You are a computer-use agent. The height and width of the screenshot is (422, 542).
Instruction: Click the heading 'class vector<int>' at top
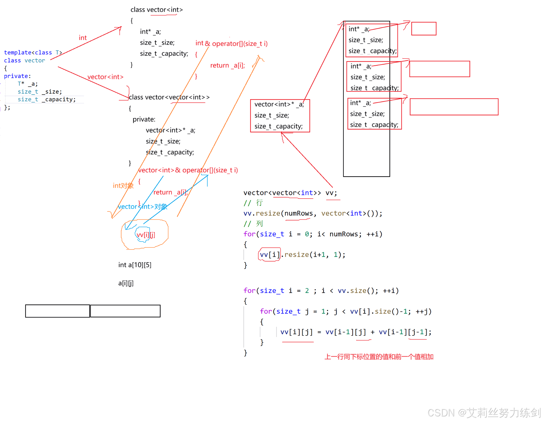[156, 10]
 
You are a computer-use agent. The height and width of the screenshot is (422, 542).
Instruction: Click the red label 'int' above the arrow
[83, 38]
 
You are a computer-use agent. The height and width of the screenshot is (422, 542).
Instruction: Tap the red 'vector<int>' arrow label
[105, 77]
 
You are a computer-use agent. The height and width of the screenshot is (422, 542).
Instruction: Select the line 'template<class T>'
[33, 53]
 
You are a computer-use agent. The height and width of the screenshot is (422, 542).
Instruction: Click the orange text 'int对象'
[123, 186]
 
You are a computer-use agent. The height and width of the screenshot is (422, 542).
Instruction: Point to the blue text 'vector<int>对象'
[143, 207]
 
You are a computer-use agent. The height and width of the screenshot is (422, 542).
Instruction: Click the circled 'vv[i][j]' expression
[145, 235]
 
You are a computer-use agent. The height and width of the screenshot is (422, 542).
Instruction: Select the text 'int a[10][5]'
[135, 265]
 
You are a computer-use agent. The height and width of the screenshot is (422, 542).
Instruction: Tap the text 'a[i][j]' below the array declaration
[126, 283]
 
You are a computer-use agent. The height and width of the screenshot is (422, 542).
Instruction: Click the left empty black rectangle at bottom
[57, 311]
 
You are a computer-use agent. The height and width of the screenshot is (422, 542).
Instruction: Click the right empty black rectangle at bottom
[125, 311]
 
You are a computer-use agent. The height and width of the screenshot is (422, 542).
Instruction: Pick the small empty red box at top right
[424, 29]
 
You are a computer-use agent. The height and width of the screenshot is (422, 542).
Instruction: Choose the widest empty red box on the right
[454, 107]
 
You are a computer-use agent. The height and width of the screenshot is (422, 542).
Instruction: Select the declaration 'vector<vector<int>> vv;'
[290, 193]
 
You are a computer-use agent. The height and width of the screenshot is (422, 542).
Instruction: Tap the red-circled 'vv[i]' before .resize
[270, 255]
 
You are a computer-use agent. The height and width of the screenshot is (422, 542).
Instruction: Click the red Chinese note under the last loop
[379, 357]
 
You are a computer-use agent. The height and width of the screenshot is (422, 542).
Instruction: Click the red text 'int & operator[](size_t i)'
[231, 43]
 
